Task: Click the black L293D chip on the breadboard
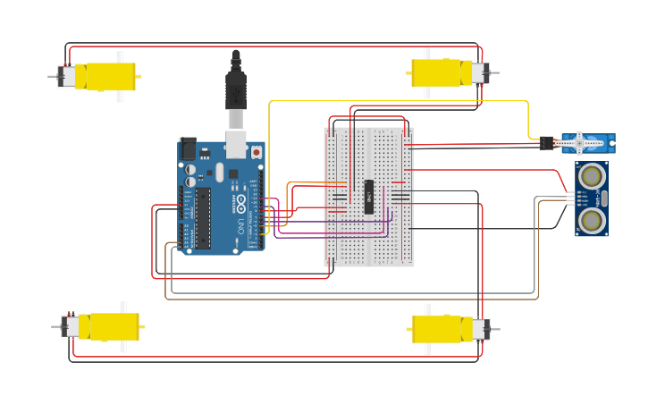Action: pyautogui.click(x=368, y=197)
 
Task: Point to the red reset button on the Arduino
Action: pyautogui.click(x=257, y=152)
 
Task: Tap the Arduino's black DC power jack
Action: pyautogui.click(x=188, y=148)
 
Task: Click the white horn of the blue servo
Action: pyautogui.click(x=579, y=141)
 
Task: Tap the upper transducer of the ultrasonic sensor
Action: pyautogui.click(x=590, y=176)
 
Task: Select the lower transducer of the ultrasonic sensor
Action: pyautogui.click(x=590, y=219)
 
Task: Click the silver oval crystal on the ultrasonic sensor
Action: pyautogui.click(x=604, y=198)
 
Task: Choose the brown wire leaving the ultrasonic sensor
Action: pyautogui.click(x=358, y=299)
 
